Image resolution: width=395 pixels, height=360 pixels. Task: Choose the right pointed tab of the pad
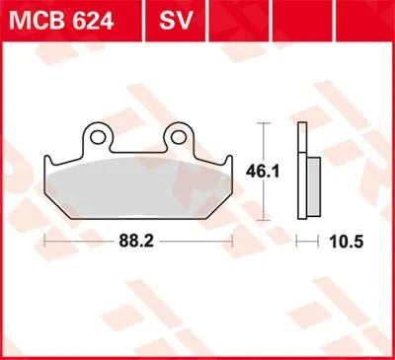tap(230, 163)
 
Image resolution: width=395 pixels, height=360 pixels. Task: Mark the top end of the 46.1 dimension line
tap(262, 123)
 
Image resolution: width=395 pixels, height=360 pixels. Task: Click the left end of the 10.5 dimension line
tap(300, 240)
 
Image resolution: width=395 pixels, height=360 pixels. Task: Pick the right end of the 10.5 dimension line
tap(319, 240)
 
